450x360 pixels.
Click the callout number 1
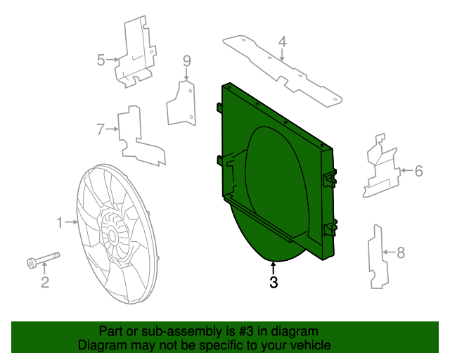(60, 223)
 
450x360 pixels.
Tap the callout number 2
(44, 283)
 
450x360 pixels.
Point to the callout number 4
(282, 42)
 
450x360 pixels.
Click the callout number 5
(101, 60)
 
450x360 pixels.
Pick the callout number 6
(418, 170)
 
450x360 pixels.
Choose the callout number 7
(101, 129)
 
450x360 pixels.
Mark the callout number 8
(401, 251)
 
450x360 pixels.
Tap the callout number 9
(187, 60)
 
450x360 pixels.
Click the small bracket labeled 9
(181, 103)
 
